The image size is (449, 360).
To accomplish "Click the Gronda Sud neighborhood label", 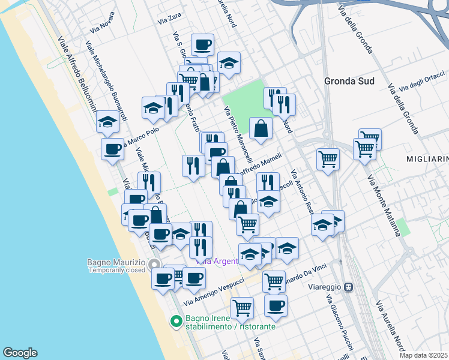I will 349,81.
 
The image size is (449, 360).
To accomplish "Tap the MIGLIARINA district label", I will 427,158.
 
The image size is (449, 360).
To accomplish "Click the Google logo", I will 20,353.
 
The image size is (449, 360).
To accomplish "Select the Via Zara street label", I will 170,19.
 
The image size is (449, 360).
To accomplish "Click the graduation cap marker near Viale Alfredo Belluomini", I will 107,122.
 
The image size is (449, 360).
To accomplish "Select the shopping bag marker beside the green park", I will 261,128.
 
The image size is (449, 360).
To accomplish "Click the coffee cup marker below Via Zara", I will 202,44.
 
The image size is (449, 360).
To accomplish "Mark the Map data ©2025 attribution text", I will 423,355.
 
